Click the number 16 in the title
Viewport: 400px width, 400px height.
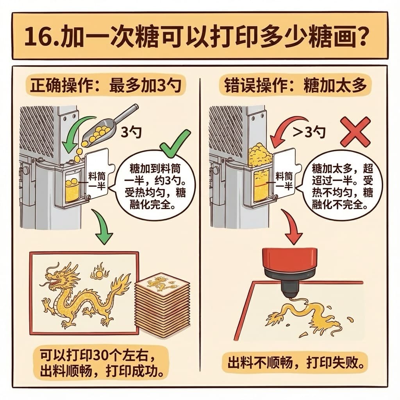tap(38, 36)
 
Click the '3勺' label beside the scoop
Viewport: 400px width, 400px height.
tap(131, 132)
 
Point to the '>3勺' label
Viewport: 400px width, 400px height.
tap(309, 132)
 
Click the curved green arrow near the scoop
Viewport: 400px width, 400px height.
tap(77, 133)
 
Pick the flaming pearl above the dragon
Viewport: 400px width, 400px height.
tap(99, 272)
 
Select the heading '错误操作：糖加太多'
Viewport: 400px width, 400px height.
tap(295, 86)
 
